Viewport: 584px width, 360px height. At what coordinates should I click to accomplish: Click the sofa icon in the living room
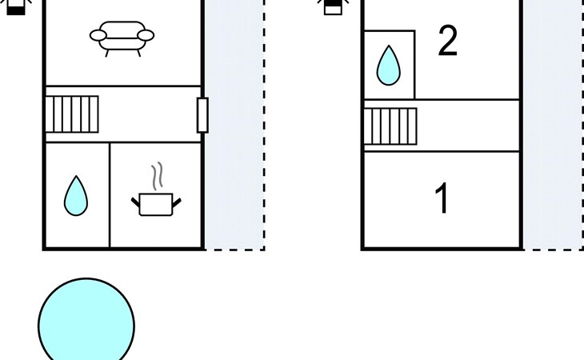(122, 37)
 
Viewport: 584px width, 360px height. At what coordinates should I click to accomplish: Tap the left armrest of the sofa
(98, 35)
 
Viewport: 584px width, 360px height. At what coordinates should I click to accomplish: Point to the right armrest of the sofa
(146, 35)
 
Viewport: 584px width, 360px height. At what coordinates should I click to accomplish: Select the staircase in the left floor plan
(71, 114)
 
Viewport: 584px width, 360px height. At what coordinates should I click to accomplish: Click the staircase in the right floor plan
(390, 126)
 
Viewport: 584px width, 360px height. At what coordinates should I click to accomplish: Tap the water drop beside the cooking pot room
(76, 196)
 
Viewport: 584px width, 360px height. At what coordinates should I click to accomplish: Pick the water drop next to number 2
(388, 65)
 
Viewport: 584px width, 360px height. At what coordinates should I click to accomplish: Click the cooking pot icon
(156, 203)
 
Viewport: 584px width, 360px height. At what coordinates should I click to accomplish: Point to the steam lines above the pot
(158, 175)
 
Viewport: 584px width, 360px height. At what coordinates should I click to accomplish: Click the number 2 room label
(448, 41)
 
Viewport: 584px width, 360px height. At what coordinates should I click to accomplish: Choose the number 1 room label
(442, 199)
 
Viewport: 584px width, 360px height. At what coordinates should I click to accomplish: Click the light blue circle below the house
(86, 324)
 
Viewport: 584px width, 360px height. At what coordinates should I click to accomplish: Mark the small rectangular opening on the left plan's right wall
(202, 114)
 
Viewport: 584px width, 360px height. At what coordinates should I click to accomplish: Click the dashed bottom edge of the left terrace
(234, 250)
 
